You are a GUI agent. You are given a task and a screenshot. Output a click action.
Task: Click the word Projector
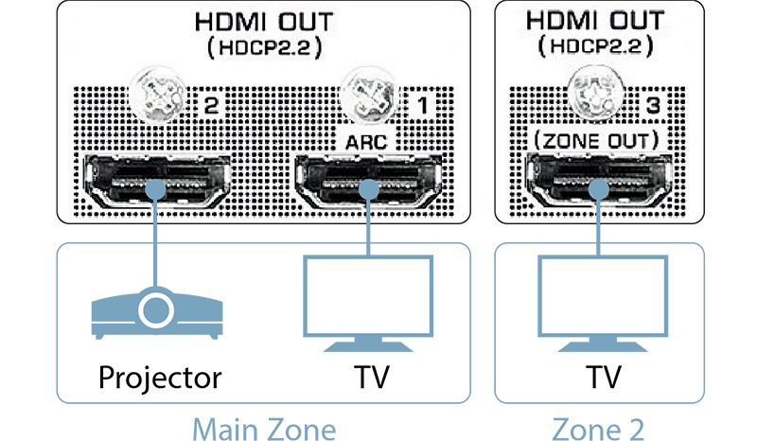pyautogui.click(x=160, y=379)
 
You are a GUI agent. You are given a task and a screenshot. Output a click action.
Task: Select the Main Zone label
pyautogui.click(x=263, y=428)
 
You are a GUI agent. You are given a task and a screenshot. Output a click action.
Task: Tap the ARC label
pyautogui.click(x=364, y=140)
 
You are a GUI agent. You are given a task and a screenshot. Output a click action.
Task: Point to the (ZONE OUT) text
pyautogui.click(x=596, y=140)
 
